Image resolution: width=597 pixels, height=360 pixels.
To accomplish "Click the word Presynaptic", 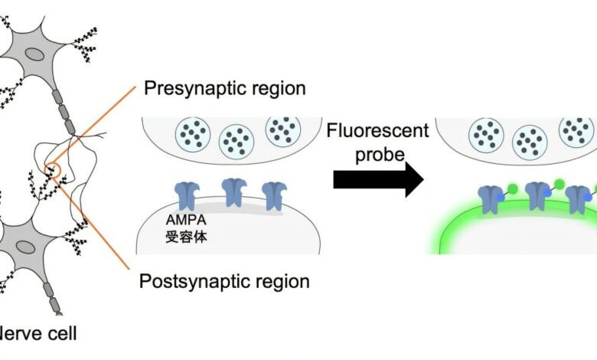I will [x=192, y=88].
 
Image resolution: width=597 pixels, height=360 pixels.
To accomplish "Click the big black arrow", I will [x=378, y=181].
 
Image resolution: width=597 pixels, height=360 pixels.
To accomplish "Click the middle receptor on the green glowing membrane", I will [x=537, y=197].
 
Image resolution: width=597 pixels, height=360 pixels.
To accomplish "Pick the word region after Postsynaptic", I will [x=282, y=281].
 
